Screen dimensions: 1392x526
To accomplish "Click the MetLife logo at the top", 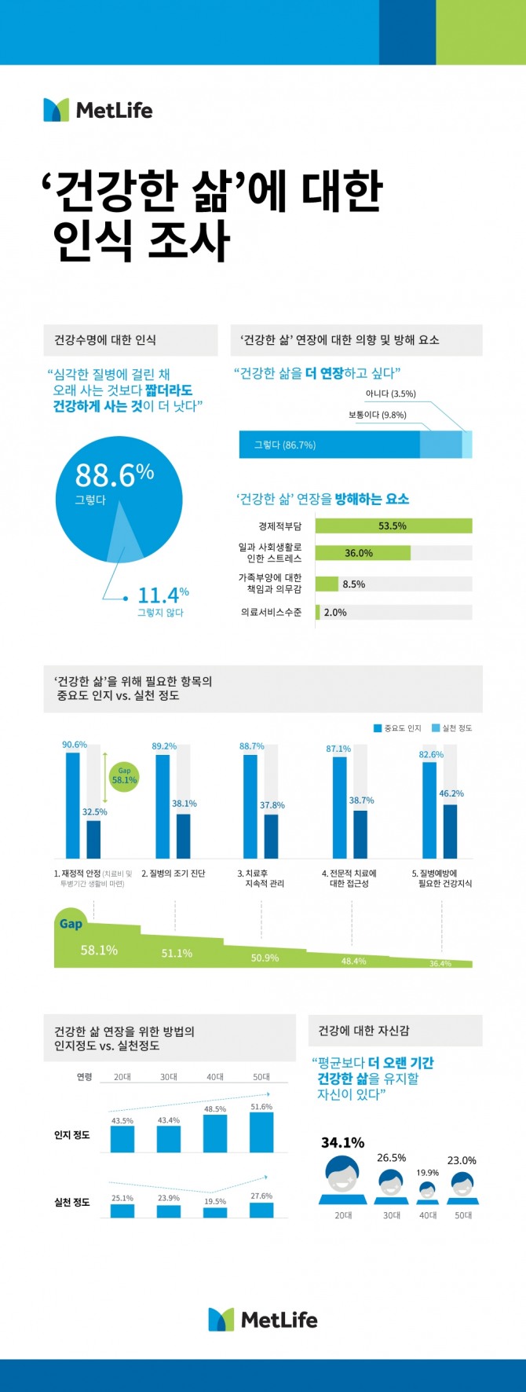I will coord(98,110).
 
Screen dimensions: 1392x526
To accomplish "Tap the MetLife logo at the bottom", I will coord(263,1320).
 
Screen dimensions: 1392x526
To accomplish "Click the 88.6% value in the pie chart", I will coord(114,476).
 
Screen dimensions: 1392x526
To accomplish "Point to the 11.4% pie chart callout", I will coord(163,595).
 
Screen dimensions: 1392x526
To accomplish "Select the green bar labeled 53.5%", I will coord(393,526).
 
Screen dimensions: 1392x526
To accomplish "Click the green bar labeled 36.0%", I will coord(362,553).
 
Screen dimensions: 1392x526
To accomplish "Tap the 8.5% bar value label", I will coord(353,584).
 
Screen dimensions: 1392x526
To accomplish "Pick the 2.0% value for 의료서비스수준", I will coord(335,613).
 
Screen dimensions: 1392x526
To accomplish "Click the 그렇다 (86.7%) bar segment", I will coord(330,445).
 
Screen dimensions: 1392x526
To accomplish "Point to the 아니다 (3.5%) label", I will coord(390,394).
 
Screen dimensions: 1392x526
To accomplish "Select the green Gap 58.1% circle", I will coord(124,776).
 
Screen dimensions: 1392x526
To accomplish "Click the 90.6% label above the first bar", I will coord(75,745).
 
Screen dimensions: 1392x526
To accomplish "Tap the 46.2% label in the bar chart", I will coord(451,793).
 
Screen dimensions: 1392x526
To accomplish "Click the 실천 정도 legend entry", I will coord(452,728).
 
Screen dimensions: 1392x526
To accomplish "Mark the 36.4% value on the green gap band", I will coord(440,964).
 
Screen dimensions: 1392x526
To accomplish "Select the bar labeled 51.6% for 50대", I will coord(261,1132).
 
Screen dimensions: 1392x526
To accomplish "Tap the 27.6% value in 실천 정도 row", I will coord(261,1196).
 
